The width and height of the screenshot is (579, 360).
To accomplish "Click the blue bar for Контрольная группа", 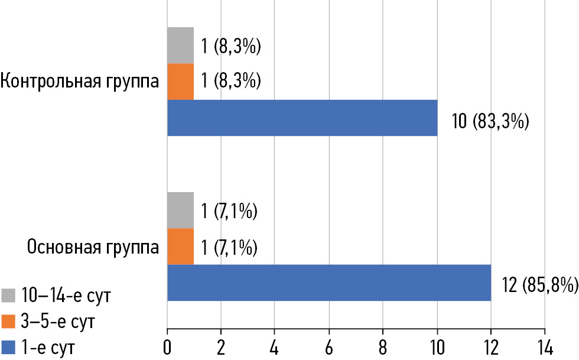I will (x=302, y=118).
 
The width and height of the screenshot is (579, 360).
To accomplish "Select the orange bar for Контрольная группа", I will (x=180, y=81).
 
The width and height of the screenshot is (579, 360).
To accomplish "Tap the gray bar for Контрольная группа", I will (x=180, y=45).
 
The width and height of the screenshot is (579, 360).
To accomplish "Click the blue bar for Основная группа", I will (x=329, y=283).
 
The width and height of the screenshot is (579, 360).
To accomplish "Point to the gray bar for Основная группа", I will (x=180, y=210).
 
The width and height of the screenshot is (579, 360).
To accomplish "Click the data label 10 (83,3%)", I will (x=490, y=123).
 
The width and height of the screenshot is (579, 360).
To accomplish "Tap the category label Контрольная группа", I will (x=80, y=82).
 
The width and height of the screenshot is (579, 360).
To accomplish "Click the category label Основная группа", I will (x=93, y=247).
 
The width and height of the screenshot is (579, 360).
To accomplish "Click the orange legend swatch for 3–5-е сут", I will (x=9, y=322).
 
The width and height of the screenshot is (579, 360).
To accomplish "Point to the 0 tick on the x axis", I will (x=167, y=346).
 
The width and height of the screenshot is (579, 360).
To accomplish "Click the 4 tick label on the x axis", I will (x=275, y=346).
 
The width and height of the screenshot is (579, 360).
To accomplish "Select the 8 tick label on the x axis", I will (x=383, y=346).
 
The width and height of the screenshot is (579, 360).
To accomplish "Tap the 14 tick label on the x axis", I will (x=544, y=346).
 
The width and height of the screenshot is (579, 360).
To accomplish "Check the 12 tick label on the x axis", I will (x=490, y=346).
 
